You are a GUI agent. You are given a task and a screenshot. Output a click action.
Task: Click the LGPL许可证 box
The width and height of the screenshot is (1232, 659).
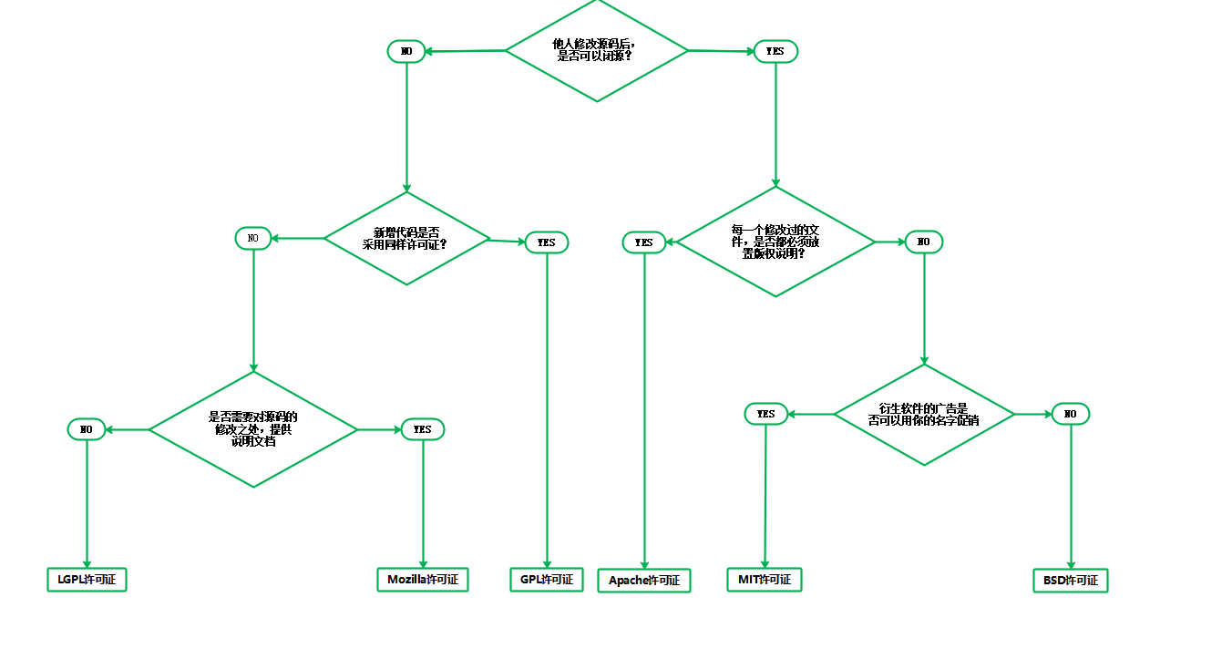pos(87,580)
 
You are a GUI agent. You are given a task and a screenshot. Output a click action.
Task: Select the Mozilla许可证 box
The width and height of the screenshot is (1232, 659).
pos(422,580)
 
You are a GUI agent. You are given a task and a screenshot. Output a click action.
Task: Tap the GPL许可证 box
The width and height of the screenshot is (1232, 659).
pos(547,580)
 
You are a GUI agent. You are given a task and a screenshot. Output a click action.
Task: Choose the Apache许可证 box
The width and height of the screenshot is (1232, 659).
pos(644,581)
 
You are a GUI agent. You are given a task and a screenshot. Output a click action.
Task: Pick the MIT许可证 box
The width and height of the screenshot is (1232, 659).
pos(764,580)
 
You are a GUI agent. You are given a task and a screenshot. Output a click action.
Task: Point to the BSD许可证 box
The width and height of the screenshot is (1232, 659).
pos(1071,581)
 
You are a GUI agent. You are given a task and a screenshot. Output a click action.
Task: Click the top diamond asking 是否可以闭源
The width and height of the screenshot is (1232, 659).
pos(597,50)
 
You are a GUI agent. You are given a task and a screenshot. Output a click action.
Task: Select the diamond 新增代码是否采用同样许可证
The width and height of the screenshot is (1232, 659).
pos(406,238)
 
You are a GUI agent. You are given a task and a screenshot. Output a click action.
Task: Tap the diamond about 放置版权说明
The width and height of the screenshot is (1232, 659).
pos(775,242)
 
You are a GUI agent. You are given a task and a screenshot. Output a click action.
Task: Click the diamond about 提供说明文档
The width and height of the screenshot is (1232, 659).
pos(253,428)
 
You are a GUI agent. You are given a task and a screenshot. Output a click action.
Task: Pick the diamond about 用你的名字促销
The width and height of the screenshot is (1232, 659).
pos(924,415)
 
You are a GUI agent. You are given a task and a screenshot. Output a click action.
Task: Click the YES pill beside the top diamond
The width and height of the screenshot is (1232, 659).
pos(775,52)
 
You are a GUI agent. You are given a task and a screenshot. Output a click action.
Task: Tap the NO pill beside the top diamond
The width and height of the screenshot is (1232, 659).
pos(406,52)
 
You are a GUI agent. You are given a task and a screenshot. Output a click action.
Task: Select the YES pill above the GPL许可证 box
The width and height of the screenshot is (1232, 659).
pos(547,242)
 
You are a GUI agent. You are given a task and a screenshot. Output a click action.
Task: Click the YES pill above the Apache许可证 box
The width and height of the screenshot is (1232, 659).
pos(644,242)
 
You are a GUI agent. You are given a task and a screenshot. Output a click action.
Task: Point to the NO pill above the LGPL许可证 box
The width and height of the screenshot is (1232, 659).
pos(87,428)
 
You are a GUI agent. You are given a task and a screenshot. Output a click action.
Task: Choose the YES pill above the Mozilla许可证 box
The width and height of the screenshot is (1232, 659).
pos(423,428)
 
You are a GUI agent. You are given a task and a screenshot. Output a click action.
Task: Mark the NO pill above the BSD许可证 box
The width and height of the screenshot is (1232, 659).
pos(1071,414)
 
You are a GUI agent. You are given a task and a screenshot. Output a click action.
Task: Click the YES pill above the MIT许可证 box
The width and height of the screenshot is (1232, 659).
pos(765,414)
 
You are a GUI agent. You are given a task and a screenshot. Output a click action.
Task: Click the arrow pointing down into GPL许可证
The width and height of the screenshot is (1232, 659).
pos(547,410)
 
